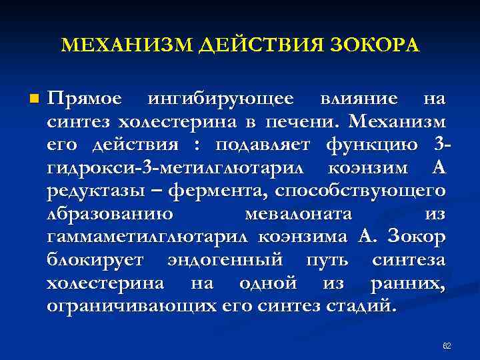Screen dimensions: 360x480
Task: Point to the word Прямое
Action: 85,99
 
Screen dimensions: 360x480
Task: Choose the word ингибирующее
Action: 220,99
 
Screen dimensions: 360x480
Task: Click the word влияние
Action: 359,99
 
